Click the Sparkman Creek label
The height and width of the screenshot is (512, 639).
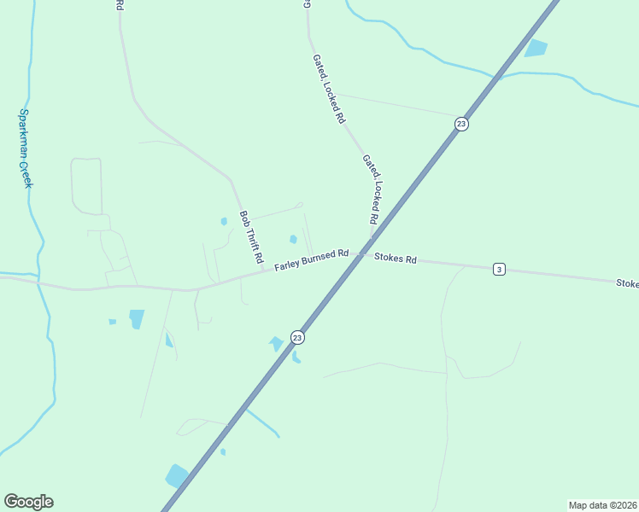[x=26, y=148]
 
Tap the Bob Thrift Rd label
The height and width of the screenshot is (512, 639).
[x=250, y=236]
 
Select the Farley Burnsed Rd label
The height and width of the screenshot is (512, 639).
[x=312, y=259]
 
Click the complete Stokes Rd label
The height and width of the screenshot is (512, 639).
[x=395, y=258]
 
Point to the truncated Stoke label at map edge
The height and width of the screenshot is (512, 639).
[x=627, y=282]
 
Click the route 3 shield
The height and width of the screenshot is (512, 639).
[x=499, y=270]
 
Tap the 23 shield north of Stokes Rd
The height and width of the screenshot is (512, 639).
[x=461, y=124]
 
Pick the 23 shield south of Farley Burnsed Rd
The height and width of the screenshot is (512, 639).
[x=296, y=337]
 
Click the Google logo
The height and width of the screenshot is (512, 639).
[x=28, y=502]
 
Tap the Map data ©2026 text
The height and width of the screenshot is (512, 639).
[x=602, y=505]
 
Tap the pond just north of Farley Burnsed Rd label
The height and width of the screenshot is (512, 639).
[x=293, y=239]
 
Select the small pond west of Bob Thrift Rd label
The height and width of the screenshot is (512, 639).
[x=224, y=221]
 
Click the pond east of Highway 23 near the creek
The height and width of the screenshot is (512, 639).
[x=535, y=48]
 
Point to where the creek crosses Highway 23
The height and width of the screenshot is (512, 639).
[x=497, y=79]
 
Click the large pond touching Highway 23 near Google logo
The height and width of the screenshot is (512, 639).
[x=177, y=476]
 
